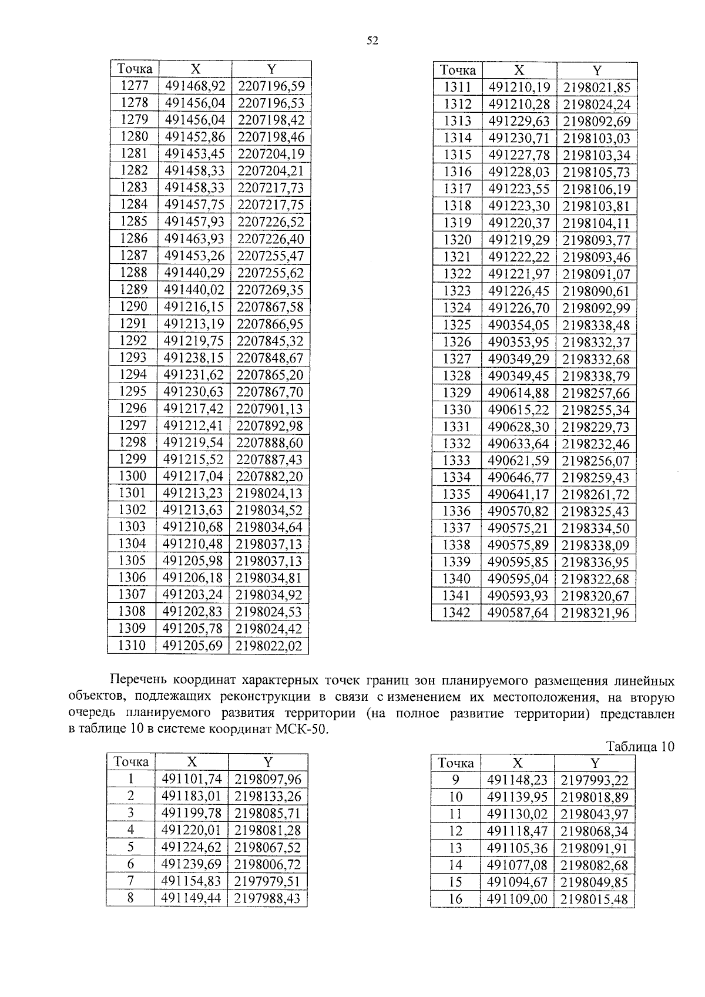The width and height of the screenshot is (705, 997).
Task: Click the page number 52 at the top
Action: pos(372,41)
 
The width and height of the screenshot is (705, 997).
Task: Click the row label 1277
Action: pos(135,86)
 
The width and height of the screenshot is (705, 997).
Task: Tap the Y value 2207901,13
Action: pos(270,409)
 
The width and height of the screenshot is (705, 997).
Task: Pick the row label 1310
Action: pos(132,646)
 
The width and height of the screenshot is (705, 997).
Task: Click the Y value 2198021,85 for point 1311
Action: pos(596,88)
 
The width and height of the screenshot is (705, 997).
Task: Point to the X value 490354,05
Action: pos(518,325)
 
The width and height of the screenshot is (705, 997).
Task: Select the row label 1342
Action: pos(456,613)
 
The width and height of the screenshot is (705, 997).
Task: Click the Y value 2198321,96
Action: pos(595,613)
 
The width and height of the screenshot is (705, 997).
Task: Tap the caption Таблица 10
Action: pos(640,747)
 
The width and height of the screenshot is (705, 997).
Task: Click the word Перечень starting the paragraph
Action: pos(138,681)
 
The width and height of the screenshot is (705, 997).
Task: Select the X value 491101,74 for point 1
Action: pos(191,780)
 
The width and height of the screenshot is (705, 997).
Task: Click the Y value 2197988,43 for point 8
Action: pos(267,898)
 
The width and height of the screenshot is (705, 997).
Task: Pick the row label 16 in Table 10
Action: pos(455,899)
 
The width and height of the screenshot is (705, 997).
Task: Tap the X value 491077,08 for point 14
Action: pos(516,865)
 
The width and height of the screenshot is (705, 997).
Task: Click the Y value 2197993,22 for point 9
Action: pos(595,781)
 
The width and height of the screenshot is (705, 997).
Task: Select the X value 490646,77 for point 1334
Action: pos(518,478)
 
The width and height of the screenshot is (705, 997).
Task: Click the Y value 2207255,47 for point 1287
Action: pos(271,256)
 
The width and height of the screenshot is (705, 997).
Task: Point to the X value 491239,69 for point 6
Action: pos(191,864)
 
